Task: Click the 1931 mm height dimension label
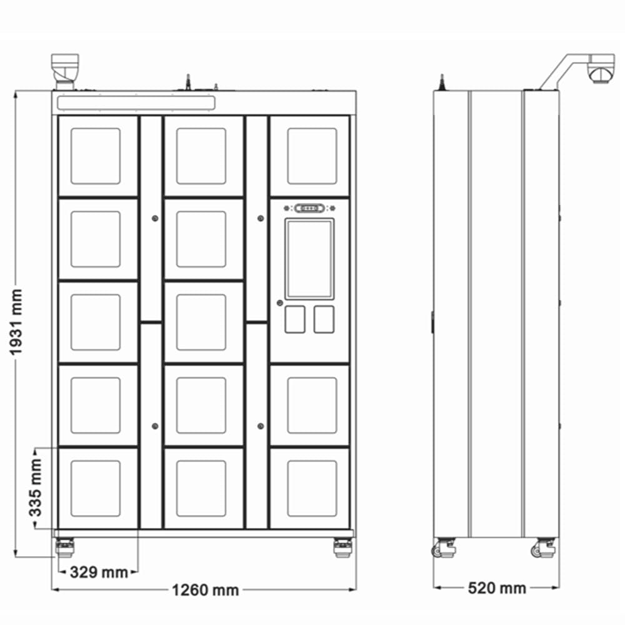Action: (x=16, y=322)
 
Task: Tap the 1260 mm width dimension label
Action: (x=205, y=590)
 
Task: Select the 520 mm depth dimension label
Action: (x=497, y=588)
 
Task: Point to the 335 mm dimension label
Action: (x=36, y=487)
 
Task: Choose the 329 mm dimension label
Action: (x=99, y=572)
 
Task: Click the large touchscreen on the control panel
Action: (x=309, y=259)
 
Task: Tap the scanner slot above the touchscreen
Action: (x=309, y=208)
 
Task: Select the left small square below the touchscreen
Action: (x=295, y=319)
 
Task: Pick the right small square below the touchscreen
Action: (x=324, y=319)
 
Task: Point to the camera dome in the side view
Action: (x=601, y=74)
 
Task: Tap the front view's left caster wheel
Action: (x=64, y=547)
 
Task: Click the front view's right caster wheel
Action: (x=342, y=547)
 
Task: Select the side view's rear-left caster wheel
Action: (x=443, y=547)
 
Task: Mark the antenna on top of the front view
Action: (x=188, y=82)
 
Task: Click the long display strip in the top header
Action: (x=136, y=103)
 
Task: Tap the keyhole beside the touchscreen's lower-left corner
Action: (x=279, y=303)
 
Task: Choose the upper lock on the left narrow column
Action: (x=155, y=218)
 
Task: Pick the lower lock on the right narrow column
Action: (x=260, y=426)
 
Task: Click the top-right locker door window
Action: (x=312, y=156)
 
